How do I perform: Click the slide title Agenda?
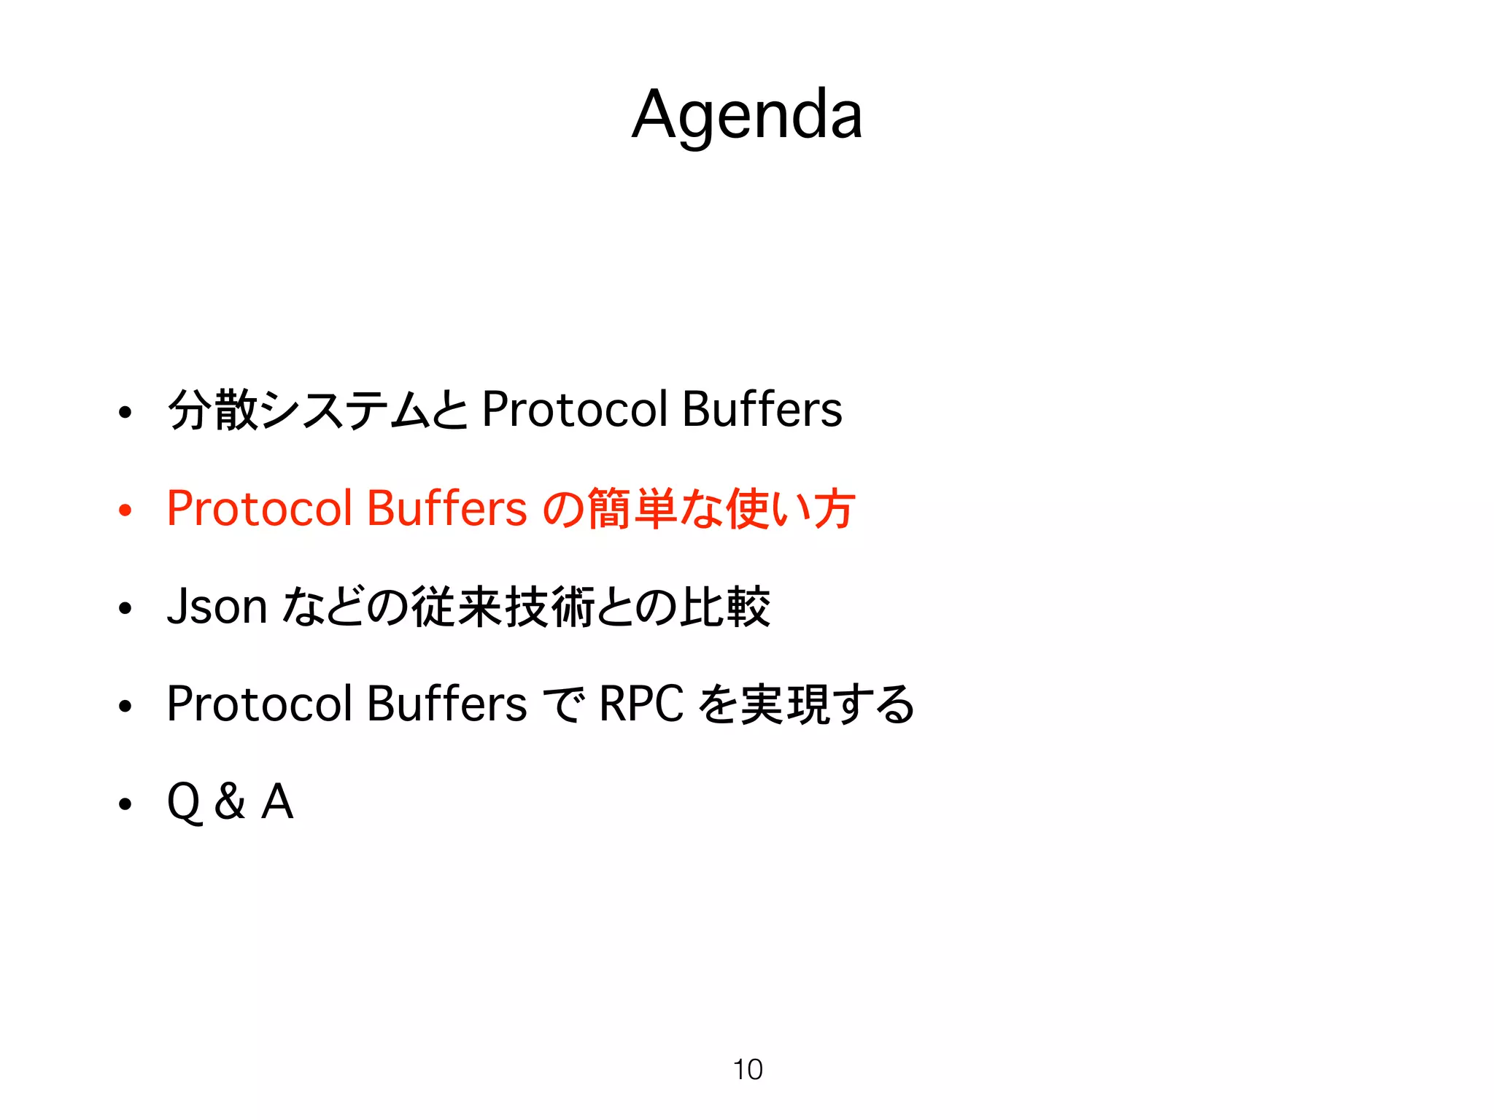(747, 115)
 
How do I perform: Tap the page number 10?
(748, 1069)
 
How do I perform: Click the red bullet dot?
(125, 510)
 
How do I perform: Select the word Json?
(217, 606)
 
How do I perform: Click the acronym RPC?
(641, 704)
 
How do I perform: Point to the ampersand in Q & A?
(231, 801)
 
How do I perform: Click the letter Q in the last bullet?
(184, 802)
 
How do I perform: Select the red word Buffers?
(446, 508)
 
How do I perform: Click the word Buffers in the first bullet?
(762, 409)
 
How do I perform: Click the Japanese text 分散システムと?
(317, 409)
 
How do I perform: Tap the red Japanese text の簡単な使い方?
(699, 508)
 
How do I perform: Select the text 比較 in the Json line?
(725, 606)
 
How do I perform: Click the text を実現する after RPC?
(806, 704)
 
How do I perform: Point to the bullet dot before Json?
(125, 608)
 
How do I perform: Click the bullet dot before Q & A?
(125, 804)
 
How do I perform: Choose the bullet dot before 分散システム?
(125, 412)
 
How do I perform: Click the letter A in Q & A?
(277, 801)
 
